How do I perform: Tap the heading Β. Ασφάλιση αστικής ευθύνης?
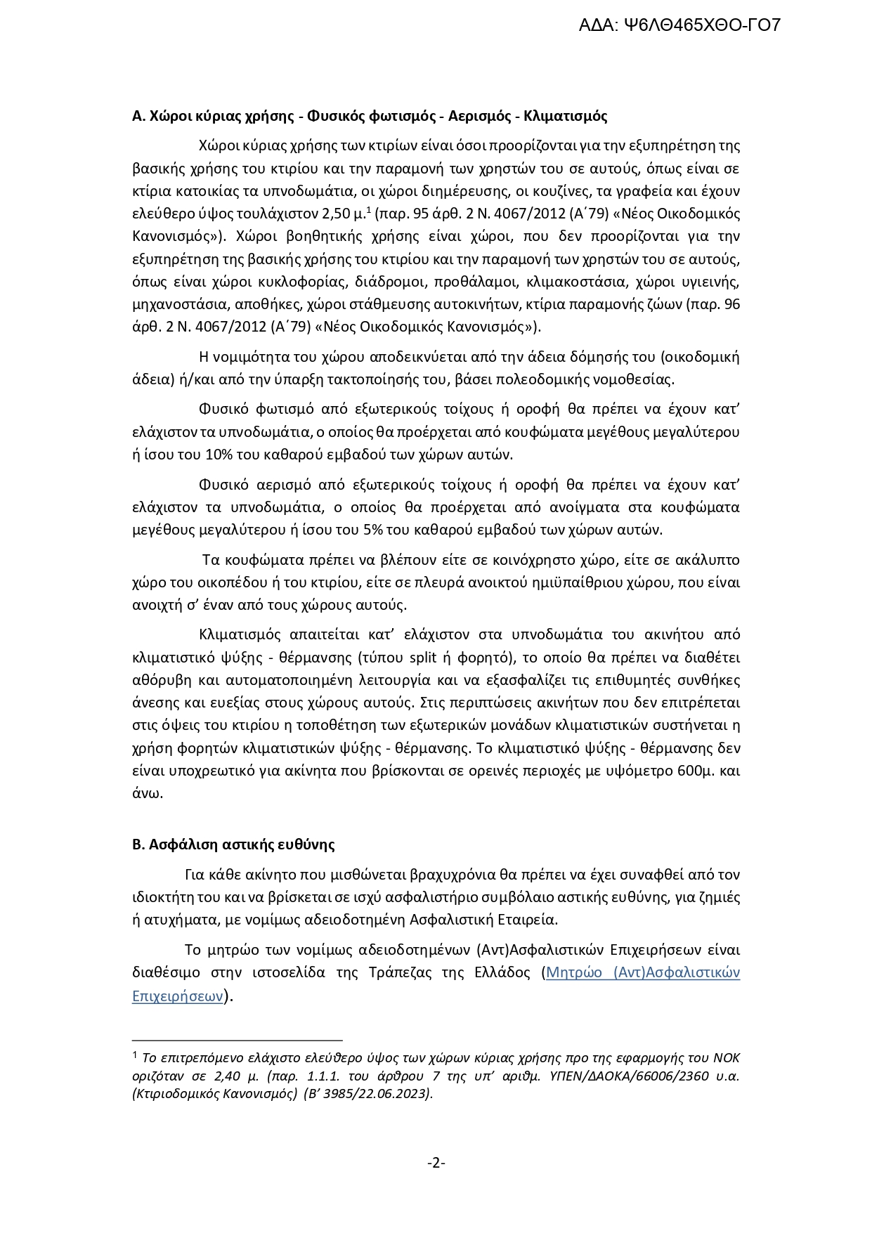233,844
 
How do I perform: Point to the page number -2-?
436,1163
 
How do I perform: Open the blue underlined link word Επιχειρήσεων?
177,996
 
